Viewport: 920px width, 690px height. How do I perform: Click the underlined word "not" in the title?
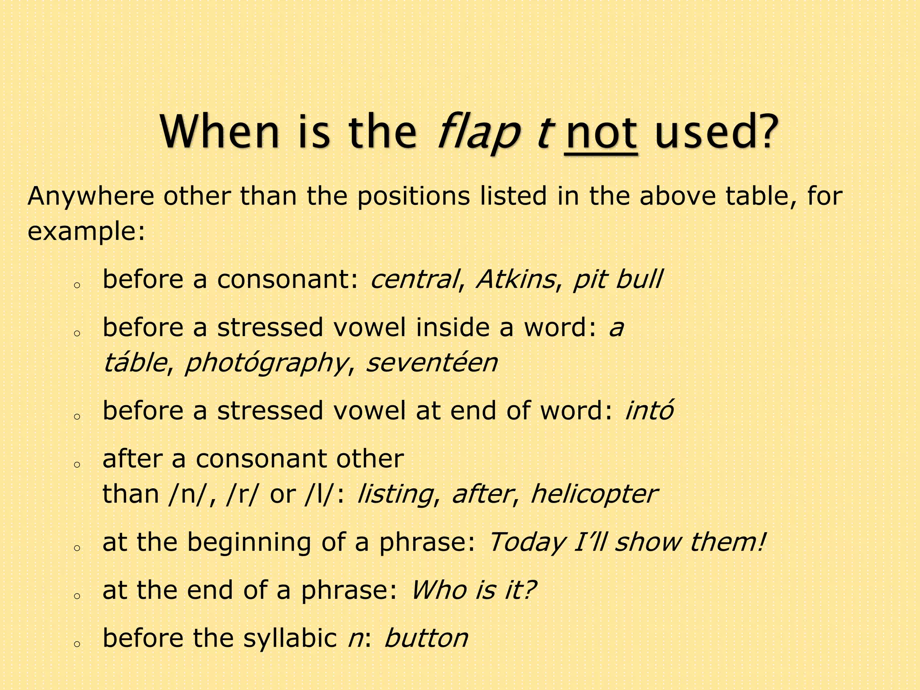click(601, 133)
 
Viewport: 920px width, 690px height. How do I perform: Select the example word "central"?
click(414, 279)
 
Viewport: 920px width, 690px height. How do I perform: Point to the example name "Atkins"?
click(515, 279)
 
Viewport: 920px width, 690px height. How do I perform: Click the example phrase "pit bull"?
click(617, 279)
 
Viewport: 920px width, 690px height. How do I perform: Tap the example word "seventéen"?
click(432, 363)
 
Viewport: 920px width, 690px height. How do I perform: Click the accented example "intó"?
click(649, 411)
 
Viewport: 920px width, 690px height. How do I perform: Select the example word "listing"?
click(395, 495)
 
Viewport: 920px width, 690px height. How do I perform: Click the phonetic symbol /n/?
click(186, 495)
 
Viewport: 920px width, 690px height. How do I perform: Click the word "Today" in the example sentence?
click(526, 543)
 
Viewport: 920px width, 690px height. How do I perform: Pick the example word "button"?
click(426, 638)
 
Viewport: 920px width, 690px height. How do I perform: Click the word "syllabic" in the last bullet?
click(290, 638)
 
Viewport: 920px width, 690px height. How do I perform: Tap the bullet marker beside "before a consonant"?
click(77, 285)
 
